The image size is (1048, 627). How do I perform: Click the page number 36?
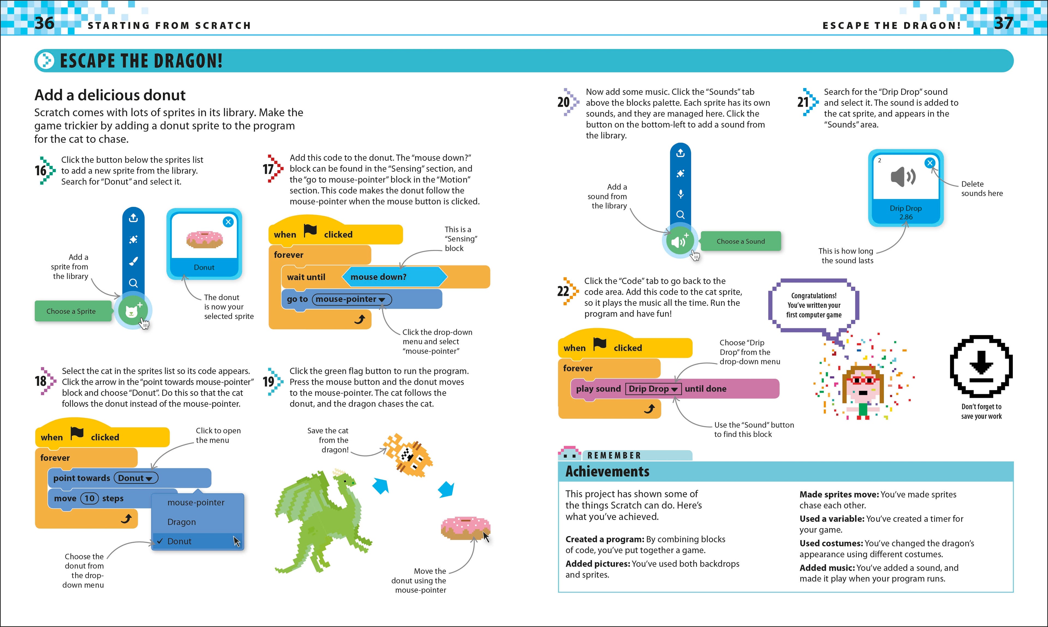click(44, 23)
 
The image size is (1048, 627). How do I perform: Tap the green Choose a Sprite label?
click(71, 311)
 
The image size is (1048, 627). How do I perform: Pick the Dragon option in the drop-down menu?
click(181, 522)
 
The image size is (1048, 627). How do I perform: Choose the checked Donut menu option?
click(180, 541)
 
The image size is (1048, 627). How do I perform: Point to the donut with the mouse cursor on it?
click(465, 528)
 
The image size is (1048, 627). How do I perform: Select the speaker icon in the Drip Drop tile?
click(903, 177)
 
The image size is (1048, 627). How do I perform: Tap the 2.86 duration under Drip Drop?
click(906, 217)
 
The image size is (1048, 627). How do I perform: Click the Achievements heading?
click(607, 472)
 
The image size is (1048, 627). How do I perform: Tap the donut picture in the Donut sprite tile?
click(204, 239)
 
